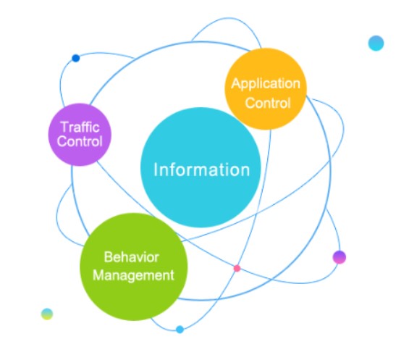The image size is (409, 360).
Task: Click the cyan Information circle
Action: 201,167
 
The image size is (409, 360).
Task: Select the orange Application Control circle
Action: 266,89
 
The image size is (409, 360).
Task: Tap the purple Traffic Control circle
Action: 80,135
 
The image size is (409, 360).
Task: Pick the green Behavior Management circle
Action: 133,267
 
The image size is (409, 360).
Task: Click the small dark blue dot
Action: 75,58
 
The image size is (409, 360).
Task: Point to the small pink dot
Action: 237,268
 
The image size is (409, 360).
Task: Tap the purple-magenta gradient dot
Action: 340,257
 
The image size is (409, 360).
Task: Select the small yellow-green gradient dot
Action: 47,314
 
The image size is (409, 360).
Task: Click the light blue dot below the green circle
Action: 180,330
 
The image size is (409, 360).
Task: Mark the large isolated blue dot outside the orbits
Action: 376,43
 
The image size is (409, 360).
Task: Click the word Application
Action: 266,84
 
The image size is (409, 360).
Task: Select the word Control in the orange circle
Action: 268,103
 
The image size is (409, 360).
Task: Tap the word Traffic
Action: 80,127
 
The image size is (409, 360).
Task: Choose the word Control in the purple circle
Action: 80,141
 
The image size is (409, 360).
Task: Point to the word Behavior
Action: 132,257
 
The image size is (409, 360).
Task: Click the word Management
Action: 133,276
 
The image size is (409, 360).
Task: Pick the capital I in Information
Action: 156,169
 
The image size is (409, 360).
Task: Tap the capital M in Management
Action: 98,275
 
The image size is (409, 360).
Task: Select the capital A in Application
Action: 235,83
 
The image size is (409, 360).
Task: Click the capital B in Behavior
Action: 108,257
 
